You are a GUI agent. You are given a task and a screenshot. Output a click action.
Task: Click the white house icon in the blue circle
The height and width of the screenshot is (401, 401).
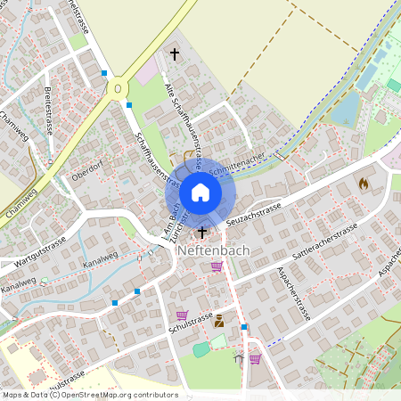200,192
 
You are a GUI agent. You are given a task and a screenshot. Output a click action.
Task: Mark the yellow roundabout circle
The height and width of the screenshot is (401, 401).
117,88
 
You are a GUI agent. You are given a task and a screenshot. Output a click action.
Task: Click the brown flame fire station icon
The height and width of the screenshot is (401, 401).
363,183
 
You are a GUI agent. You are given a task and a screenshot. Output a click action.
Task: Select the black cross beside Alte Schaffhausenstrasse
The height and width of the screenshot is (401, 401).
175,55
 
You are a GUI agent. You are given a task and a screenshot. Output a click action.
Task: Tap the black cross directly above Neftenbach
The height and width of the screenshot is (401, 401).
202,233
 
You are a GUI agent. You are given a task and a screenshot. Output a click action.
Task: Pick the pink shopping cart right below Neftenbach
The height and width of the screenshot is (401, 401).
217,266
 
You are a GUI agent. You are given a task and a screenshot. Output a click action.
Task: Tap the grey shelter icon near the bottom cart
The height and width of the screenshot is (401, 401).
239,359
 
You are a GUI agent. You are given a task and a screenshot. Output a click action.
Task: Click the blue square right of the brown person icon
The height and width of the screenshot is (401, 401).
244,327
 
